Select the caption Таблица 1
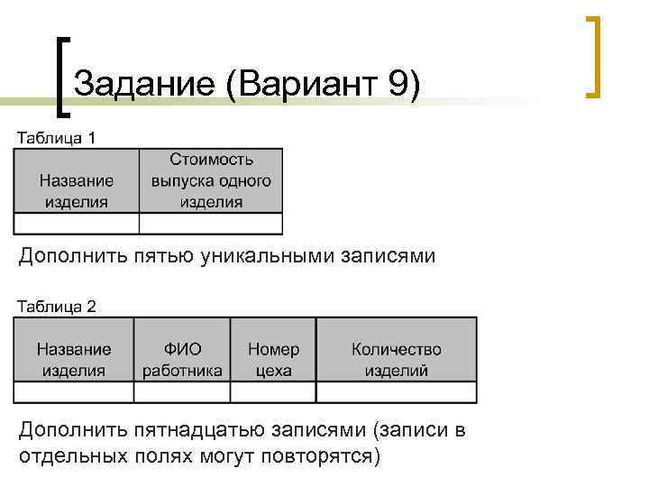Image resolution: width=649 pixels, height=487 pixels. coord(56,138)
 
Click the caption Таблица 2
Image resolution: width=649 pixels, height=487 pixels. coord(56,306)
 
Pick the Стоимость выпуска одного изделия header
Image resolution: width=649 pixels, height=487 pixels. coord(211,180)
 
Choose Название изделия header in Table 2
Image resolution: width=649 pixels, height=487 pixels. coord(74,359)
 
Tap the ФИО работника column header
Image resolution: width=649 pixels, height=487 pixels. coord(182,359)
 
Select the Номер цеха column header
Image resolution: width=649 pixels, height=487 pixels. coord(273,359)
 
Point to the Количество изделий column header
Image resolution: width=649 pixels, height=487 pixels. coord(397,359)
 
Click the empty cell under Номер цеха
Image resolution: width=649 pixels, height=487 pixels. coord(273,392)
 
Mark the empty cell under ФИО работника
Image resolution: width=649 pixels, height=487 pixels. coord(182,392)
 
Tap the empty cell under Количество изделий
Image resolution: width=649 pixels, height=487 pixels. coord(397,392)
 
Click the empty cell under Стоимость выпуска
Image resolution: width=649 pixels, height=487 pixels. coord(211,224)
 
